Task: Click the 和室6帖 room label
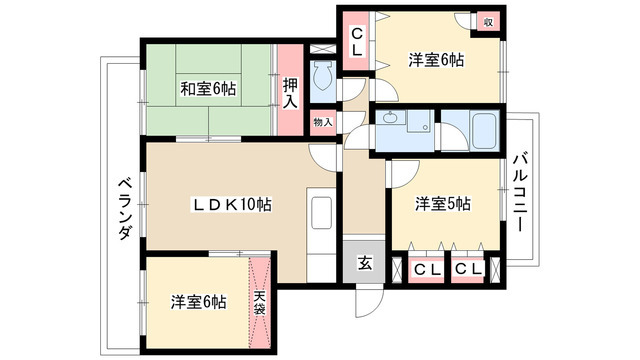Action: tap(208, 89)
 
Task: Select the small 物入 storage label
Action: tap(322, 122)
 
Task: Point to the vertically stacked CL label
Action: tap(355, 41)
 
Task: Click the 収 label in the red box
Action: tap(488, 21)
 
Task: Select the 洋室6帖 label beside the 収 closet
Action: tap(435, 61)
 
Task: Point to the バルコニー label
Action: tap(521, 193)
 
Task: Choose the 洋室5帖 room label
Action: tap(443, 204)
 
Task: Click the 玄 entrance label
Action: tap(365, 264)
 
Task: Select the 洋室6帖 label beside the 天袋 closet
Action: tap(197, 300)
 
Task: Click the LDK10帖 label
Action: tap(233, 204)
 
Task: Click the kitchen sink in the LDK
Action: tap(322, 214)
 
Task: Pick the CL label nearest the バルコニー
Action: tap(467, 269)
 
